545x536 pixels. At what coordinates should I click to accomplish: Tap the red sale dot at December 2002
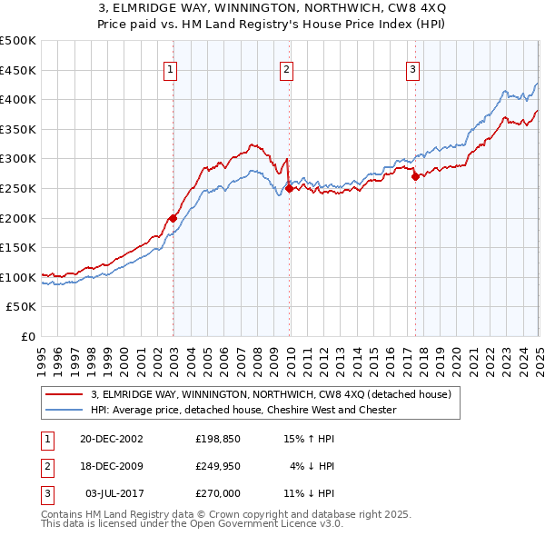173,218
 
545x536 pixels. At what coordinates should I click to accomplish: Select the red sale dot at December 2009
289,189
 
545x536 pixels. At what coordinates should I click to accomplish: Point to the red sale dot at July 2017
415,177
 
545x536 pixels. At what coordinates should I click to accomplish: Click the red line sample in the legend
64,394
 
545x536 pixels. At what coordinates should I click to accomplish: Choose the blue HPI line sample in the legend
64,410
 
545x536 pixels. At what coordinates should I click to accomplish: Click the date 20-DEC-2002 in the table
112,438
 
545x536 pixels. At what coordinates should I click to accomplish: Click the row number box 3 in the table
45,494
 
